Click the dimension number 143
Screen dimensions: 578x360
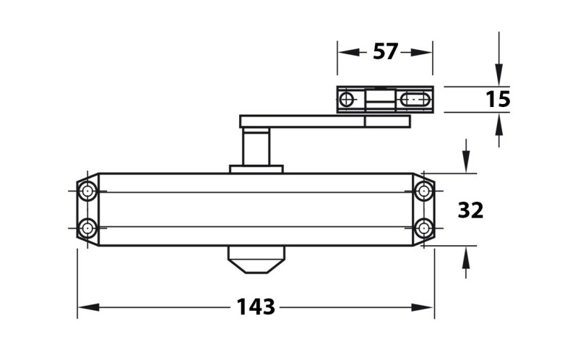tap(256, 307)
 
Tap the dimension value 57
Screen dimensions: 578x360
tap(386, 51)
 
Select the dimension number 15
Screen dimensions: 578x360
tap(498, 99)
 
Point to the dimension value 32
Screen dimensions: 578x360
tap(470, 210)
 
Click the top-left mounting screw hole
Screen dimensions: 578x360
tap(87, 192)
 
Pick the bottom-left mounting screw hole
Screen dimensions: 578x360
tap(87, 228)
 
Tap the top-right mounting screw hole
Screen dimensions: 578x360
tap(423, 192)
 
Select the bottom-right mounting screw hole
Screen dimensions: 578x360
tap(423, 228)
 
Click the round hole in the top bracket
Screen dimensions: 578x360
tap(346, 100)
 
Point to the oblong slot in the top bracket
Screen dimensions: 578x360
tap(415, 100)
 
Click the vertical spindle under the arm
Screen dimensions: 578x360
tap(256, 147)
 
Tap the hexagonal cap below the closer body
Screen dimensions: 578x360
tap(256, 260)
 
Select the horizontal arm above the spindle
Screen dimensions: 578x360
tap(324, 121)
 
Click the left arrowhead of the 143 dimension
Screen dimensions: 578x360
tap(89, 307)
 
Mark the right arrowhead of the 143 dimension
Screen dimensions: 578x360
tap(423, 307)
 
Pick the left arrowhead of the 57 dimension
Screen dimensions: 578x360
tap(349, 52)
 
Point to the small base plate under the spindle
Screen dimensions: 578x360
tap(256, 169)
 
